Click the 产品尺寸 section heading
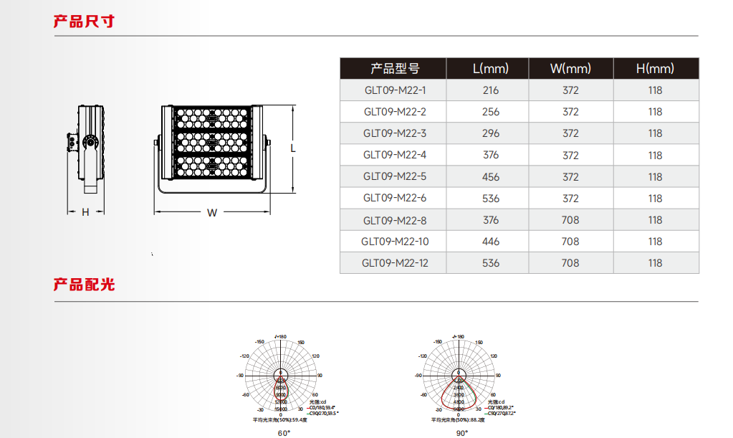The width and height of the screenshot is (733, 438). click(x=84, y=21)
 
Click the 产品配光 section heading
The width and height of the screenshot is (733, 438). click(x=84, y=285)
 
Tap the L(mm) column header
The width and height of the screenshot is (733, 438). click(x=490, y=69)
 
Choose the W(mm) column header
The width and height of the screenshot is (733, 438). click(x=570, y=69)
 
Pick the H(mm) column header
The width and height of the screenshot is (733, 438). click(x=655, y=69)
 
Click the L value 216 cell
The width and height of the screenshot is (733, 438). click(x=491, y=90)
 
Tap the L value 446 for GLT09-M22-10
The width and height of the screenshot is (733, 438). click(x=491, y=242)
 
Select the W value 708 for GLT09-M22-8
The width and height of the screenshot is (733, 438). click(x=570, y=220)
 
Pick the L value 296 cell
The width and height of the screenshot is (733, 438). click(x=491, y=133)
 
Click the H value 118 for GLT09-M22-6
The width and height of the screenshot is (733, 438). click(x=655, y=199)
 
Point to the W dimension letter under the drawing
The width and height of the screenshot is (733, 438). click(x=212, y=212)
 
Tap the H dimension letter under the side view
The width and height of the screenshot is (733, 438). click(x=85, y=212)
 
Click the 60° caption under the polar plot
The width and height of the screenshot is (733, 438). click(x=284, y=432)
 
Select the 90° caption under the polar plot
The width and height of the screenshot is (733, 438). click(x=461, y=432)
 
